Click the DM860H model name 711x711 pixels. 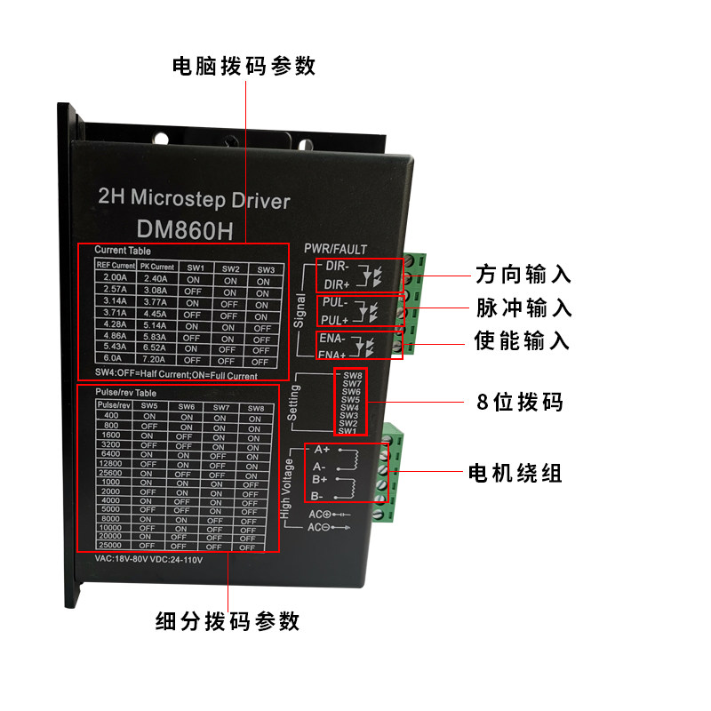click(x=185, y=231)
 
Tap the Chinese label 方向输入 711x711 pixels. click(x=523, y=274)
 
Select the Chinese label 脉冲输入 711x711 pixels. click(x=523, y=308)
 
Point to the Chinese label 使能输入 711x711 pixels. click(x=523, y=341)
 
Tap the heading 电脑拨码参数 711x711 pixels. click(x=244, y=67)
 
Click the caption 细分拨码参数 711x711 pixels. click(x=228, y=620)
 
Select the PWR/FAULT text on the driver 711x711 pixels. click(x=335, y=249)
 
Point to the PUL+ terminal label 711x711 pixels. click(x=334, y=319)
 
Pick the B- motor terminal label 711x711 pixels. click(x=318, y=496)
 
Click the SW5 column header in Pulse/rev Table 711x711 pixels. click(x=148, y=406)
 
